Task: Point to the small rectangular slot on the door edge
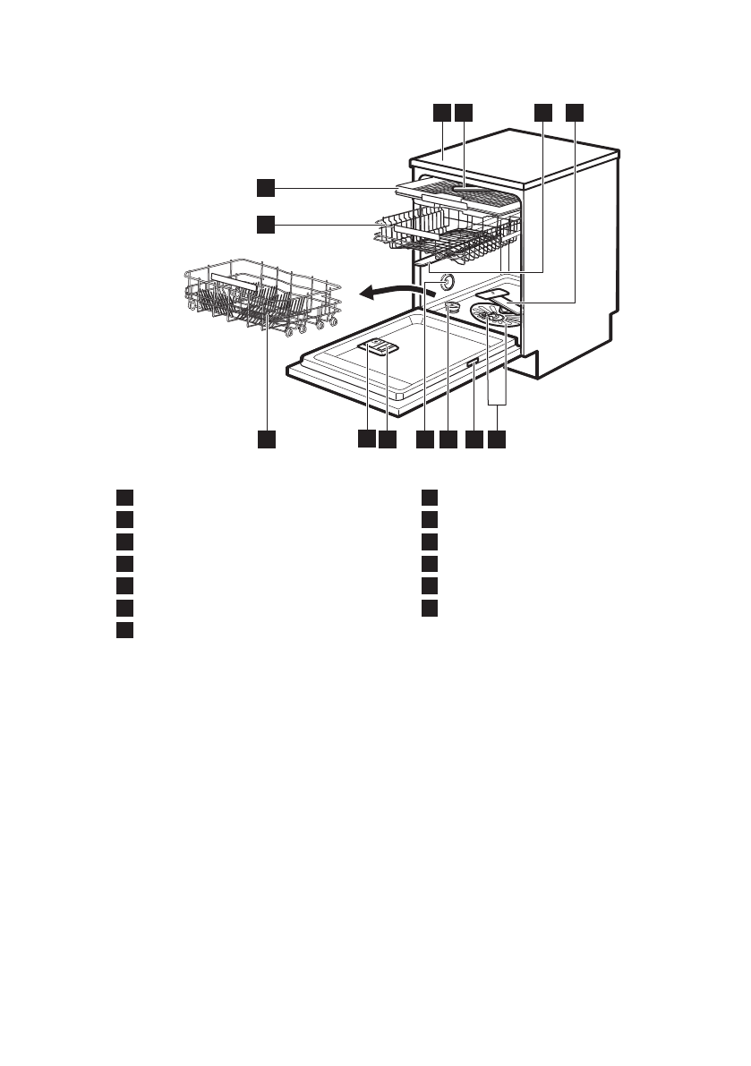pyautogui.click(x=473, y=362)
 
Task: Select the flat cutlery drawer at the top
pyautogui.click(x=457, y=194)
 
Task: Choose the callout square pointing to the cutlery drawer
pyautogui.click(x=264, y=188)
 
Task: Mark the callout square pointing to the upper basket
pyautogui.click(x=264, y=224)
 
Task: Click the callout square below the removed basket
pyautogui.click(x=266, y=439)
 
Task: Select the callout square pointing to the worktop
pyautogui.click(x=440, y=113)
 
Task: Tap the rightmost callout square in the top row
pyautogui.click(x=574, y=113)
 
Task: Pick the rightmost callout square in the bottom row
pyautogui.click(x=497, y=439)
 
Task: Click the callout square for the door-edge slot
pyautogui.click(x=474, y=439)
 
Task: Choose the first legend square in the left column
pyautogui.click(x=124, y=498)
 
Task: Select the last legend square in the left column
pyautogui.click(x=124, y=630)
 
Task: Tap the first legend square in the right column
pyautogui.click(x=430, y=498)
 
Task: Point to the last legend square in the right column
pyautogui.click(x=430, y=609)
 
